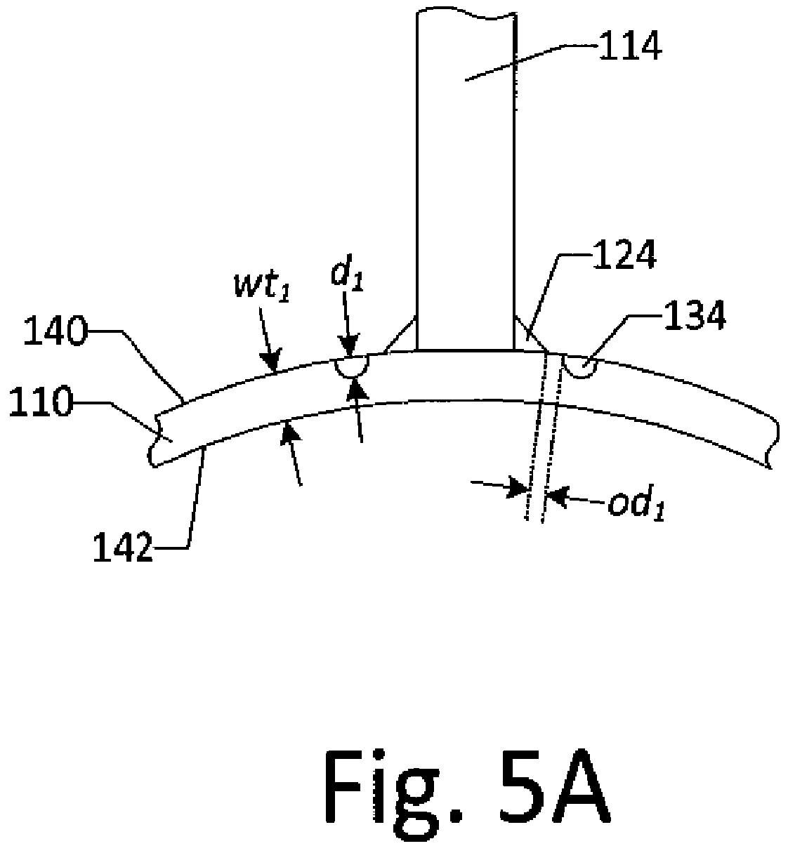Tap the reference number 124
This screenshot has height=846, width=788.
pyautogui.click(x=624, y=255)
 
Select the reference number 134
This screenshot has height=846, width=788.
pyautogui.click(x=695, y=315)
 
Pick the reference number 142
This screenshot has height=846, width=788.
pyautogui.click(x=123, y=548)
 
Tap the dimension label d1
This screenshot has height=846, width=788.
pyautogui.click(x=348, y=276)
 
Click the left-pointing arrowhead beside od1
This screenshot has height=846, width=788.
pyautogui.click(x=556, y=497)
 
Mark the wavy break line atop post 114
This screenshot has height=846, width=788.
pyautogui.click(x=466, y=13)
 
